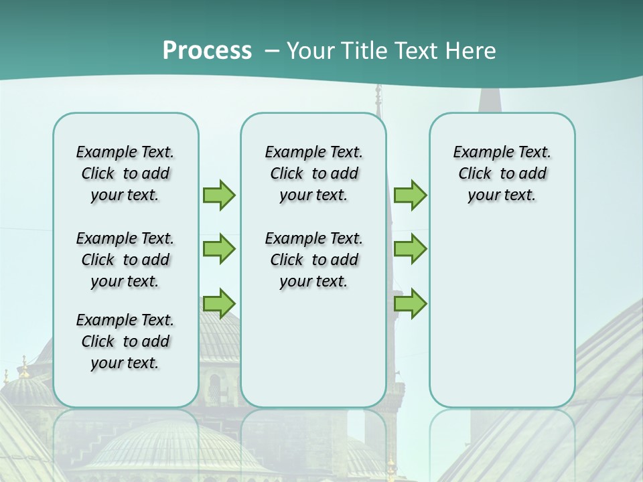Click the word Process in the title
(x=207, y=50)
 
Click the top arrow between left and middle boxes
(x=219, y=195)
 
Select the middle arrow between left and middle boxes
(x=219, y=249)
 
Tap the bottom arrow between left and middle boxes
(x=219, y=303)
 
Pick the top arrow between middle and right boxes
(x=410, y=195)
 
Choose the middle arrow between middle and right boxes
(x=410, y=249)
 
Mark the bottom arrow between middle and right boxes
(x=410, y=303)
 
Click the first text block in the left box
(x=125, y=173)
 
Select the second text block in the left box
(x=125, y=260)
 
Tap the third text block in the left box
(x=125, y=341)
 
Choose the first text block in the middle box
(x=313, y=173)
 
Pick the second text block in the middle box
(x=313, y=260)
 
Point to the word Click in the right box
(x=475, y=174)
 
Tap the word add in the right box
(x=532, y=174)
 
